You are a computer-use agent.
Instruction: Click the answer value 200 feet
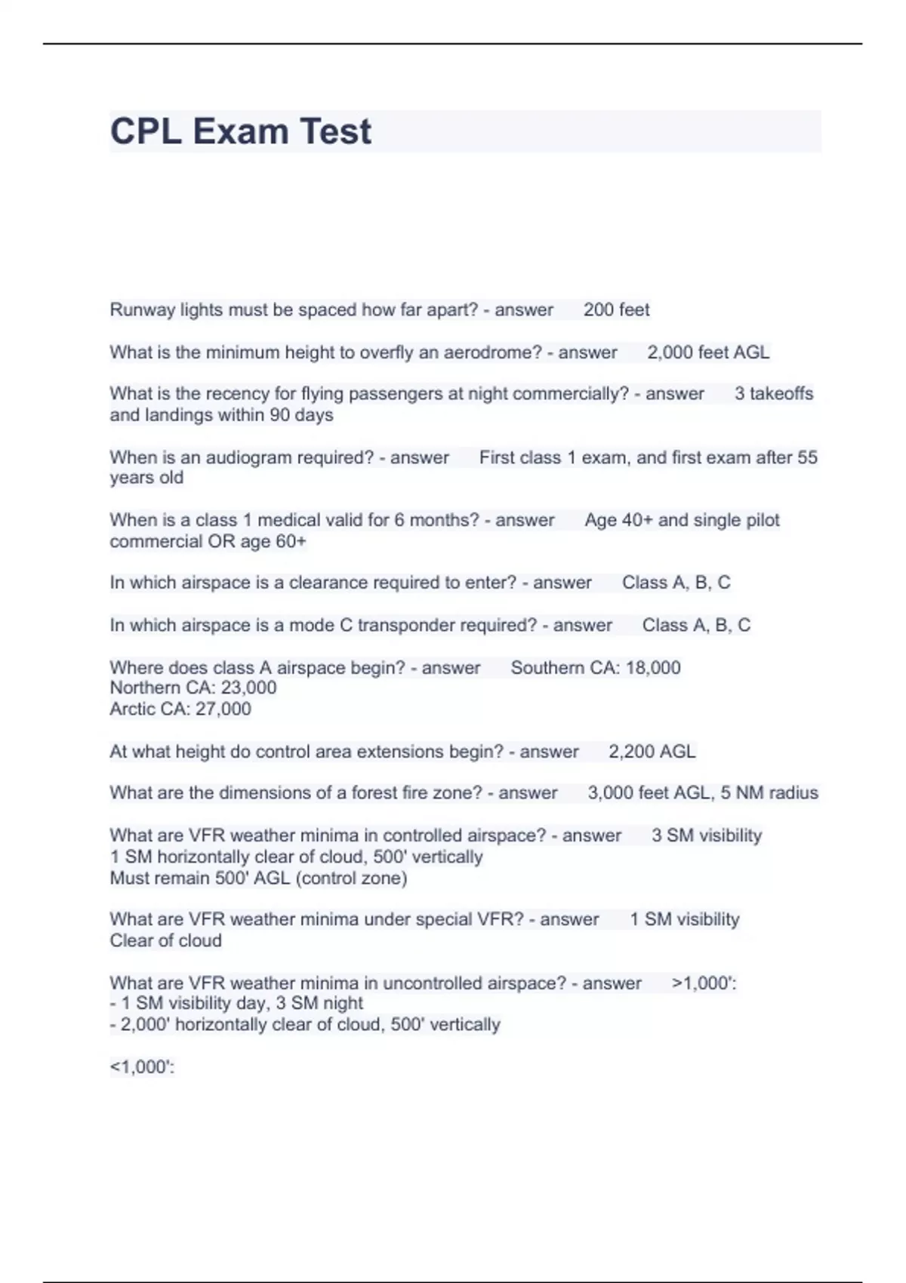pyautogui.click(x=616, y=309)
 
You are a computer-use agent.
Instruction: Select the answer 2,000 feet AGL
pyautogui.click(x=708, y=352)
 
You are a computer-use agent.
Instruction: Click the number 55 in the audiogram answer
pyautogui.click(x=807, y=457)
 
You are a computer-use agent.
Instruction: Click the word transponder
pyautogui.click(x=404, y=625)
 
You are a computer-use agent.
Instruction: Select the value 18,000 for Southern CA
pyautogui.click(x=653, y=668)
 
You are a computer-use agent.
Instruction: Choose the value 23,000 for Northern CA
pyautogui.click(x=248, y=688)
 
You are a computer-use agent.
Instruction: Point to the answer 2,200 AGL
pyautogui.click(x=652, y=752)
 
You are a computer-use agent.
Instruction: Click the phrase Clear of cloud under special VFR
pyautogui.click(x=166, y=940)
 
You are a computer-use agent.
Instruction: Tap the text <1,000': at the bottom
pyautogui.click(x=142, y=1067)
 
